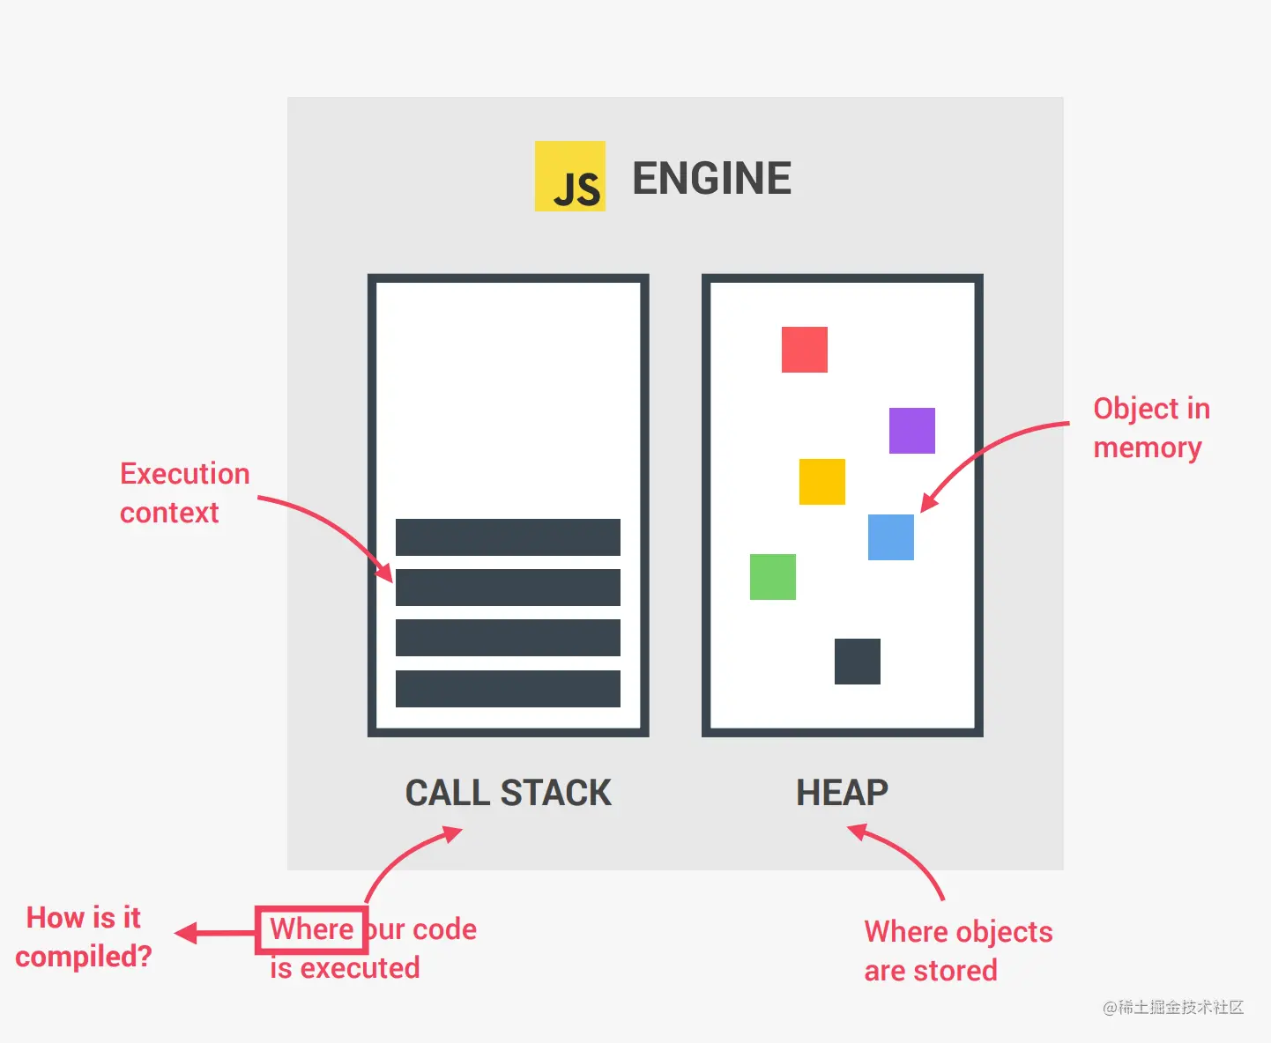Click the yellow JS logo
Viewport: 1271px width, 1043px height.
(569, 176)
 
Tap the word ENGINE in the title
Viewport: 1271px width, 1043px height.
(711, 179)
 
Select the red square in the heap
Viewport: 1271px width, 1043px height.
(804, 350)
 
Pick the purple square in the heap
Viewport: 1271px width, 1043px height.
(911, 431)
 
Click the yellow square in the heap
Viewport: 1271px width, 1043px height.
(821, 482)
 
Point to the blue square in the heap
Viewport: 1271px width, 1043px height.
(890, 537)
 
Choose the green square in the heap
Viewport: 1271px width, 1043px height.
(772, 577)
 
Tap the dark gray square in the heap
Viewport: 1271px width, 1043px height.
(857, 662)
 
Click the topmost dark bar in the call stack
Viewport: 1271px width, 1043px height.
(508, 537)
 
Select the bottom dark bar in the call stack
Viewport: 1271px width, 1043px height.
(508, 689)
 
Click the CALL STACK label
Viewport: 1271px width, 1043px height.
(508, 793)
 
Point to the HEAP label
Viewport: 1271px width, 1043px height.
(842, 793)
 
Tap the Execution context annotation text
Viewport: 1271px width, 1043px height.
(184, 493)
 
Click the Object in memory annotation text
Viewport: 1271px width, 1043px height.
(1150, 428)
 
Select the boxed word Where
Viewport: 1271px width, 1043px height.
(312, 929)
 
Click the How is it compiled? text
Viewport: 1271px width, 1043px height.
(84, 937)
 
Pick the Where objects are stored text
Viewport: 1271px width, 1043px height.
(957, 951)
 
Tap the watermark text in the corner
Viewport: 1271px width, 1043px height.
(1172, 1007)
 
